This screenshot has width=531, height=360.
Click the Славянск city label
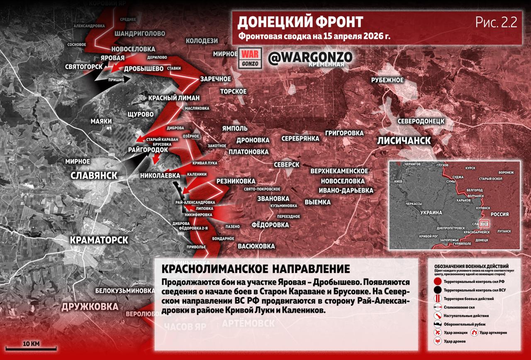click(x=94, y=175)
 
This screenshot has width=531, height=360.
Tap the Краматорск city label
click(x=99, y=240)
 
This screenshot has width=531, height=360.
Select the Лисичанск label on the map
click(x=404, y=140)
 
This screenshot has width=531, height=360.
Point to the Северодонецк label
click(x=421, y=121)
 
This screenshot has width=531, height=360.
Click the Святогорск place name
click(x=84, y=66)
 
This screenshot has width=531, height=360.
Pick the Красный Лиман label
click(x=174, y=98)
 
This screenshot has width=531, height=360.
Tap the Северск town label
click(x=286, y=165)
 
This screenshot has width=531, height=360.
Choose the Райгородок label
click(x=148, y=149)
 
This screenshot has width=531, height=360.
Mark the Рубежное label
click(x=387, y=80)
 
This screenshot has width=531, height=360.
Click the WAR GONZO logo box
click(x=250, y=59)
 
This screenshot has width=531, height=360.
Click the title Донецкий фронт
click(x=300, y=22)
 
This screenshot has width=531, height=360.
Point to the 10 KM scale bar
click(x=31, y=348)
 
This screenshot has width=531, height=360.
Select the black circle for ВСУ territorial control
click(x=437, y=290)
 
